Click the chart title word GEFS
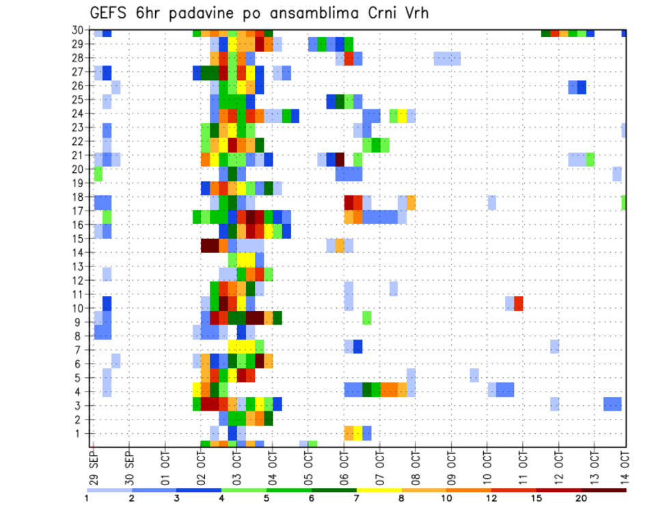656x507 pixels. point(111,14)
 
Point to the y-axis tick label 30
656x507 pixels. point(79,30)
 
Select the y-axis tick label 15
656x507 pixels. point(79,238)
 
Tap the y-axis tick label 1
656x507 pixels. point(81,433)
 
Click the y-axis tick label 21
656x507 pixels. point(79,155)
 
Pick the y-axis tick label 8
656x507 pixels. point(81,335)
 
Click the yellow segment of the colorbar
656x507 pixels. point(379,490)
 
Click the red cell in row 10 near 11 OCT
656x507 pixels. point(519,303)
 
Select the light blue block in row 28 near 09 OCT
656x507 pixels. point(447,58)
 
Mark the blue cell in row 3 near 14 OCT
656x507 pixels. point(612,404)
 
